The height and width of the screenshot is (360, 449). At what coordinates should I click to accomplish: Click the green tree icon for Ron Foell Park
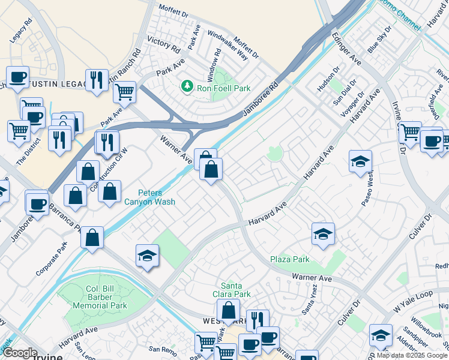pos(187,88)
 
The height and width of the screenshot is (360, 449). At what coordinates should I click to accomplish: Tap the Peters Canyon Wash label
pos(157,197)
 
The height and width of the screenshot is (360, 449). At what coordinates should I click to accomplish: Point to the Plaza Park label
pos(289,260)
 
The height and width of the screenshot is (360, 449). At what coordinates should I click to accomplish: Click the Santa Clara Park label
pos(235,290)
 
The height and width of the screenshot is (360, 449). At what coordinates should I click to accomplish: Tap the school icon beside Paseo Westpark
pos(360,161)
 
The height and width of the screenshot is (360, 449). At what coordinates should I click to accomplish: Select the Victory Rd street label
pos(163,46)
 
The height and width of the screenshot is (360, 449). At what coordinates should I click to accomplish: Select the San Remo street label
pos(161,349)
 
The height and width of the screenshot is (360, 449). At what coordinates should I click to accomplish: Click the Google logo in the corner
pos(20,353)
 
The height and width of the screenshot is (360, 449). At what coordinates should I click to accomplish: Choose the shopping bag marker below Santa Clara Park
pos(228,311)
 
